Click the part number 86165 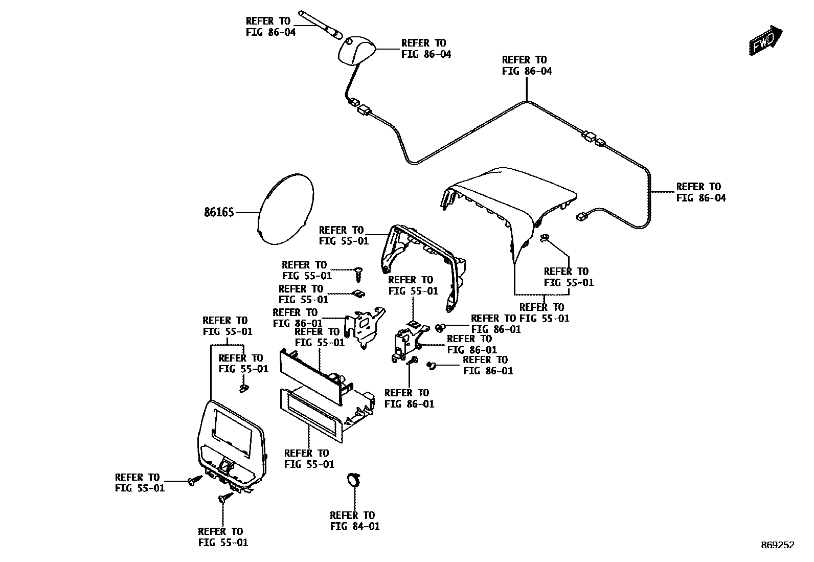219,212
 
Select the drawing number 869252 777,546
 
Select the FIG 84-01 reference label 355,521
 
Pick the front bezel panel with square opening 233,442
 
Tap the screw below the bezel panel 223,498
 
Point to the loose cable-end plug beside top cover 581,217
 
